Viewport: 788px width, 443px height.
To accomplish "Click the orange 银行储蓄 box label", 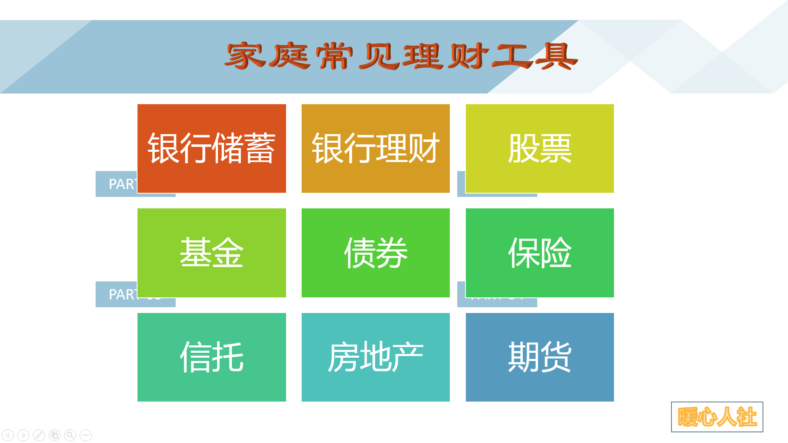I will click(211, 148).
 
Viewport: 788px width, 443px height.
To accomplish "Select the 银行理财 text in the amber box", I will click(376, 148).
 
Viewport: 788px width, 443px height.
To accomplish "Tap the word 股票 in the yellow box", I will click(540, 148).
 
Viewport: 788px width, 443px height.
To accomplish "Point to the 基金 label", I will click(211, 253).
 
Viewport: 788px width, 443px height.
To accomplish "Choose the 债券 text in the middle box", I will click(376, 253).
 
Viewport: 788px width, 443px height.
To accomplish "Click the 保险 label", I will click(540, 253).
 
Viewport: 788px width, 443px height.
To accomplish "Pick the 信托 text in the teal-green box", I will click(211, 357).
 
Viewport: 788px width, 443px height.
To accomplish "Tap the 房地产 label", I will click(376, 357).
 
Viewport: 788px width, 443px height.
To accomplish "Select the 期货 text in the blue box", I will click(540, 357).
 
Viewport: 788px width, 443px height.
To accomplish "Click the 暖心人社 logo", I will click(717, 417).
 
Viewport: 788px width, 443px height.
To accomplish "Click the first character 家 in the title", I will click(245, 56).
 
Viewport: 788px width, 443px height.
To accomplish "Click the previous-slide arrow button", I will click(8, 435).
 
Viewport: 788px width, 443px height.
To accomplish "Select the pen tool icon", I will click(39, 435).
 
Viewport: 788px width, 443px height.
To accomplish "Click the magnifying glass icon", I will click(70, 435).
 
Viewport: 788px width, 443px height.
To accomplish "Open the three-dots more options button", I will click(86, 435).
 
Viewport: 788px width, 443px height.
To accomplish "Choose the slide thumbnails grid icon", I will click(55, 435).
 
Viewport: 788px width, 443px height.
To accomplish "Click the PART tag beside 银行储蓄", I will click(117, 184).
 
